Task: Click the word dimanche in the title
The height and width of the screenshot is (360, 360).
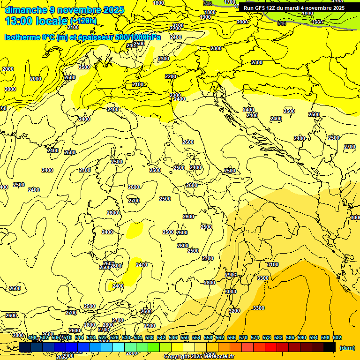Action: (x=26, y=10)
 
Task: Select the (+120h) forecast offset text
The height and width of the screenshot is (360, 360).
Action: (x=83, y=21)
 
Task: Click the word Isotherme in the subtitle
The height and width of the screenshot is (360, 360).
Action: (x=22, y=37)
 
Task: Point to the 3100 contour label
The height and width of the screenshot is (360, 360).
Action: (x=272, y=265)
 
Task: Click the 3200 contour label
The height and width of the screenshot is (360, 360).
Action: (x=234, y=311)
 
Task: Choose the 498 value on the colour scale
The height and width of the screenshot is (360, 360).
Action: (x=32, y=337)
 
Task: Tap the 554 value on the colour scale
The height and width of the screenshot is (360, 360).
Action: (x=196, y=337)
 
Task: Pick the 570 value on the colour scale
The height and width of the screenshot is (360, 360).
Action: (x=243, y=337)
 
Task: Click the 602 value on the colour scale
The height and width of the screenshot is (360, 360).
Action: (x=337, y=337)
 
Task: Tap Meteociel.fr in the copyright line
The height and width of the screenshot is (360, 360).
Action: (x=219, y=357)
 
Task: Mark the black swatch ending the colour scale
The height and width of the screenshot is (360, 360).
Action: (x=330, y=347)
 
